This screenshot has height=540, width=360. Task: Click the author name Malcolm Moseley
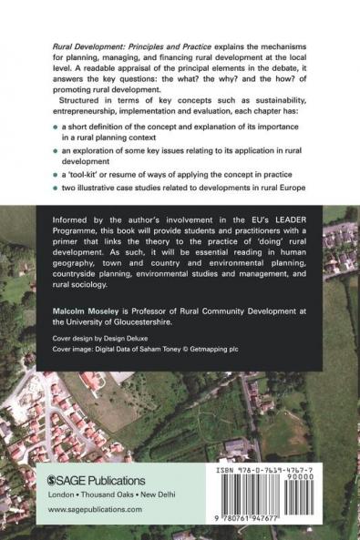(x=89, y=310)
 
